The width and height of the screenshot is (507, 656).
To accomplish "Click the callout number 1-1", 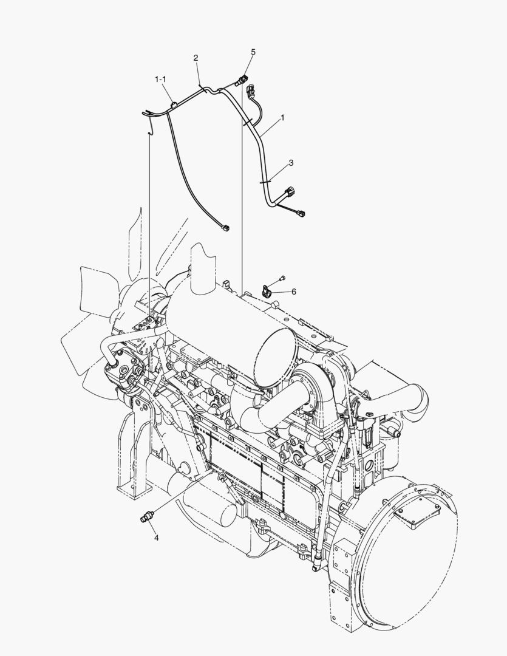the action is (x=161, y=79).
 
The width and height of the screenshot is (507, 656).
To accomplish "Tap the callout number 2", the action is (x=196, y=58).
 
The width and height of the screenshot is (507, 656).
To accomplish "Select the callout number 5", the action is (x=253, y=52).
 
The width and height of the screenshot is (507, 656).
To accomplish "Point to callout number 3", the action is (x=291, y=163).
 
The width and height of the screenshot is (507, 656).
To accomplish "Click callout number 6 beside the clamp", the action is (x=294, y=292).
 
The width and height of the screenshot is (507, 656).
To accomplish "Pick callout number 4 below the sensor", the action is (x=157, y=538).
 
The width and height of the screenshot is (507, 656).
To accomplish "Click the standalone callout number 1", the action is (x=282, y=118).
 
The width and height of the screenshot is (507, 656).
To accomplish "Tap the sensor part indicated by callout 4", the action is (x=147, y=517).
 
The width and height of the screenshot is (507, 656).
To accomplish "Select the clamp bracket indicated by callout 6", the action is (x=267, y=290).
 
